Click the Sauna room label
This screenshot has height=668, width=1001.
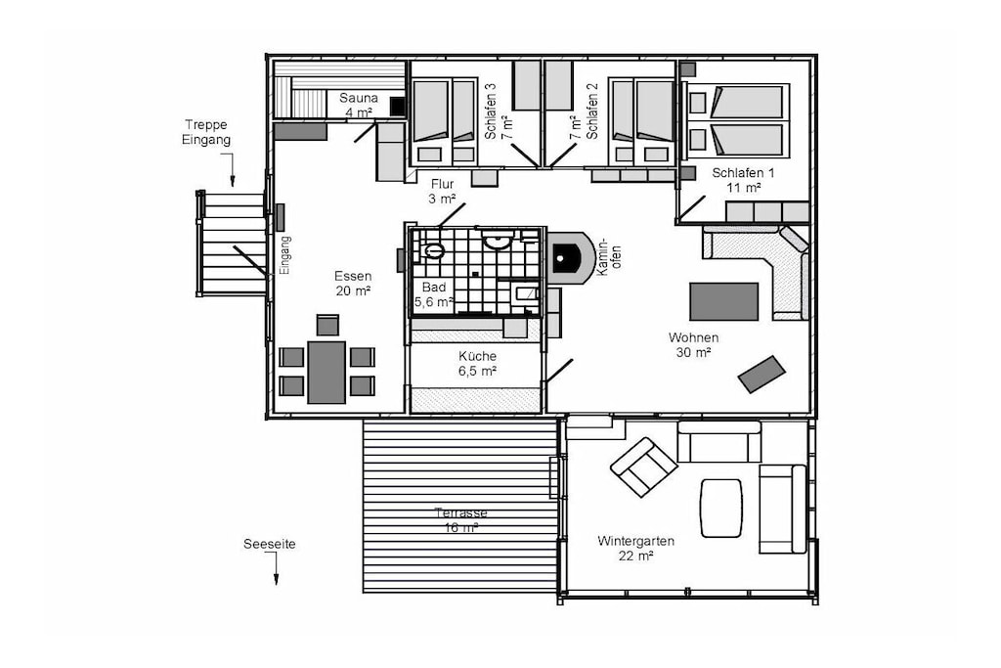pyautogui.click(x=358, y=106)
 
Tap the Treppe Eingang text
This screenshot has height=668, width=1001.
pyautogui.click(x=205, y=132)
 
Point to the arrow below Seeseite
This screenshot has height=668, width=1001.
pyautogui.click(x=276, y=568)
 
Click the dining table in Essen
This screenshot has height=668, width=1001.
pyautogui.click(x=326, y=373)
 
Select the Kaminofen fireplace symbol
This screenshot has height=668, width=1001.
pyautogui.click(x=571, y=258)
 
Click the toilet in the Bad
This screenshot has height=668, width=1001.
pyautogui.click(x=433, y=249)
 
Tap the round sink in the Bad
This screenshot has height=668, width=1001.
pyautogui.click(x=496, y=241)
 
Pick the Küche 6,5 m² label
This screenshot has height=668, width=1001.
pyautogui.click(x=477, y=364)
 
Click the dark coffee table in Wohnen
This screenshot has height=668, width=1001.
pyautogui.click(x=723, y=301)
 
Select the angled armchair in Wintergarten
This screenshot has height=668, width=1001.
pyautogui.click(x=643, y=467)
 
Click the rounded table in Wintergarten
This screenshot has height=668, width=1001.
pyautogui.click(x=721, y=509)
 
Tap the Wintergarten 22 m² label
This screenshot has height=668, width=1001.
pyautogui.click(x=635, y=548)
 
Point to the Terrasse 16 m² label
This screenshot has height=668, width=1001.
pyautogui.click(x=461, y=520)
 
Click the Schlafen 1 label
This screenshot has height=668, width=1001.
pyautogui.click(x=743, y=180)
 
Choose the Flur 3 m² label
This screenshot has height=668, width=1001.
pyautogui.click(x=442, y=192)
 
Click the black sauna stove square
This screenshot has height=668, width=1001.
pyautogui.click(x=397, y=107)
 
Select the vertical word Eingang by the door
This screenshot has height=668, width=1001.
pyautogui.click(x=285, y=255)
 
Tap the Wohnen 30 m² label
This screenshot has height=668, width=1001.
pyautogui.click(x=693, y=344)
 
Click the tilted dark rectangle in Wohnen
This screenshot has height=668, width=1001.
pyautogui.click(x=762, y=375)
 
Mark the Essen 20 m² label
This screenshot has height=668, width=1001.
pyautogui.click(x=353, y=284)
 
